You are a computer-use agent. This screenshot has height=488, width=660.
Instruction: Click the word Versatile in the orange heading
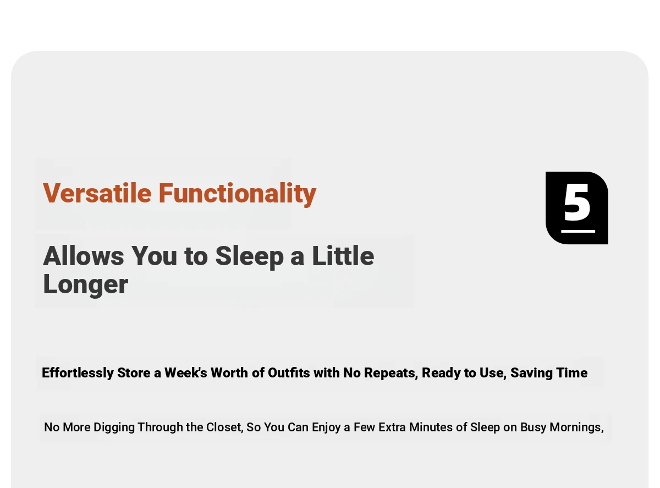click(97, 193)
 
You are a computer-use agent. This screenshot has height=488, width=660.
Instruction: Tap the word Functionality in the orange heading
click(238, 194)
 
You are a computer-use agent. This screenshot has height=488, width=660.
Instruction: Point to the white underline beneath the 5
click(578, 231)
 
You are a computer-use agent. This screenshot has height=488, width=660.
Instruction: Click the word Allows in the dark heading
click(84, 256)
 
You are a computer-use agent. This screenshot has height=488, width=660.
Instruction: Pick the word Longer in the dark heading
click(86, 285)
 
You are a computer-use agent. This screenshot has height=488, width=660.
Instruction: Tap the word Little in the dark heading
click(343, 255)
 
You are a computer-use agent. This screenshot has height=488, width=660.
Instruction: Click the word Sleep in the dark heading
click(249, 257)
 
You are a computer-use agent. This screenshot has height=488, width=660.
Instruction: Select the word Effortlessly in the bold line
click(78, 373)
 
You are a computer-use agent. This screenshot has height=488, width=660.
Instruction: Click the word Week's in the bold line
click(186, 372)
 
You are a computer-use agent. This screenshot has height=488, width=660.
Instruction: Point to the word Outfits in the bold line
click(289, 372)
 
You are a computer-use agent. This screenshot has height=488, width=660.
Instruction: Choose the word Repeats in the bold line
click(391, 373)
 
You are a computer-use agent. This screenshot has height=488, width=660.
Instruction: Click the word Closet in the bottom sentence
click(224, 427)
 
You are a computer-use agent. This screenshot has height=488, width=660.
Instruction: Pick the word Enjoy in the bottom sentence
click(326, 427)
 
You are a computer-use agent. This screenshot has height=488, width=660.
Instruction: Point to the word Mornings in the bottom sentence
click(576, 428)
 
